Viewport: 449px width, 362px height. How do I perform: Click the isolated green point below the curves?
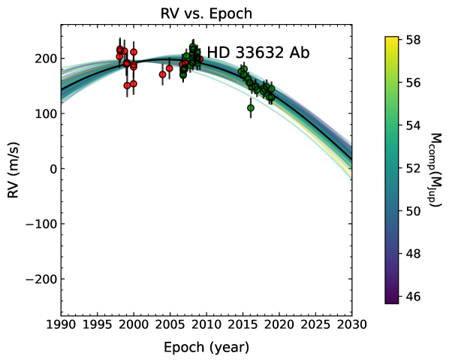(251, 107)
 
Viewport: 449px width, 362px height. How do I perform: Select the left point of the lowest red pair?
(127, 86)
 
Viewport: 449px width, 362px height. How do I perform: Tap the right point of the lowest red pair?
(134, 83)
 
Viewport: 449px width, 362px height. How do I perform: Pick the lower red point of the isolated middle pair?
(162, 74)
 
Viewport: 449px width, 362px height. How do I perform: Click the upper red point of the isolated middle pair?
(169, 68)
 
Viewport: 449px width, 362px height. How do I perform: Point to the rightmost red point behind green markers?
(200, 59)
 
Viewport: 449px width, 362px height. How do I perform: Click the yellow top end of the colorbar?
(391, 41)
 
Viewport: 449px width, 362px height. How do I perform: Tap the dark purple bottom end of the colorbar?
(391, 299)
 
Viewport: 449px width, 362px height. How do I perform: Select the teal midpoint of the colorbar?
(391, 170)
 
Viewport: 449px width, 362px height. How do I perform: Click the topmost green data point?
(192, 47)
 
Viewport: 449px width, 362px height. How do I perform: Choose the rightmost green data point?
(271, 89)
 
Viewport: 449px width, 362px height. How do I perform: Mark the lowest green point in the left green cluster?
(182, 75)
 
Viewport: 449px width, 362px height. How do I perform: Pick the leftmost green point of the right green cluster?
(241, 71)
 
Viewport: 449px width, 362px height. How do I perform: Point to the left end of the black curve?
(63, 89)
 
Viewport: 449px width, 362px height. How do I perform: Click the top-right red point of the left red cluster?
(134, 52)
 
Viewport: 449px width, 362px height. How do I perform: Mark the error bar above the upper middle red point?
(169, 61)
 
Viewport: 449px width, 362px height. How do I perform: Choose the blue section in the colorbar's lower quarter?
(391, 237)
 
